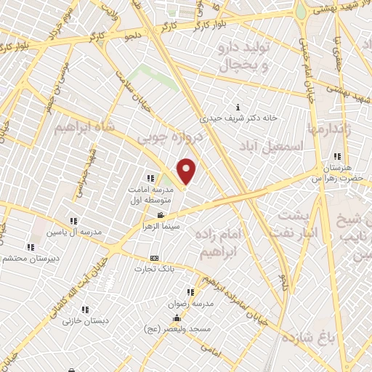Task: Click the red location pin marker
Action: click(187, 171)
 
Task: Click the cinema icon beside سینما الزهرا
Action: click(161, 216)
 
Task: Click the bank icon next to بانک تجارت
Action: click(154, 258)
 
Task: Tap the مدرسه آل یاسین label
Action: click(73, 232)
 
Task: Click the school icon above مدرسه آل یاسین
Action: click(73, 221)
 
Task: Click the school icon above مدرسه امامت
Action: click(150, 178)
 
